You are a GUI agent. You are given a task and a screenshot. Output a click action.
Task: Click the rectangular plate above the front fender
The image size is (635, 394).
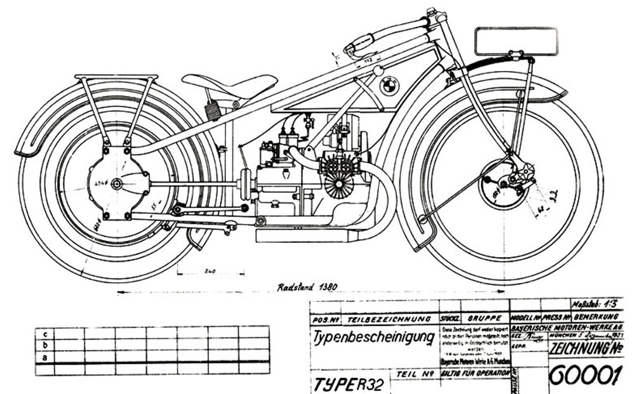click(515, 41)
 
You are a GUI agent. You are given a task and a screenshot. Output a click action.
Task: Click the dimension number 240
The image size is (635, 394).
click(210, 271)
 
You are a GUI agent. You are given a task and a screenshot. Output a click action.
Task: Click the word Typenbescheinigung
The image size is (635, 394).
click(372, 336)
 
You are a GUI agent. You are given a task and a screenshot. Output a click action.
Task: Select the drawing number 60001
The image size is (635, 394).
click(584, 376)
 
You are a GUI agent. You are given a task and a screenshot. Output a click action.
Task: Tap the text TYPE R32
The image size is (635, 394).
click(347, 383)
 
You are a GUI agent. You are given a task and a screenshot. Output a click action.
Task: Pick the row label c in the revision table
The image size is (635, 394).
click(44, 333)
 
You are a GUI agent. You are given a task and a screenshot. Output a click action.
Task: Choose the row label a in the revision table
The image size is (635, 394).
click(44, 357)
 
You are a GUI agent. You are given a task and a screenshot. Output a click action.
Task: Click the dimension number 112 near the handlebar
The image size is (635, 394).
click(366, 60)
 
